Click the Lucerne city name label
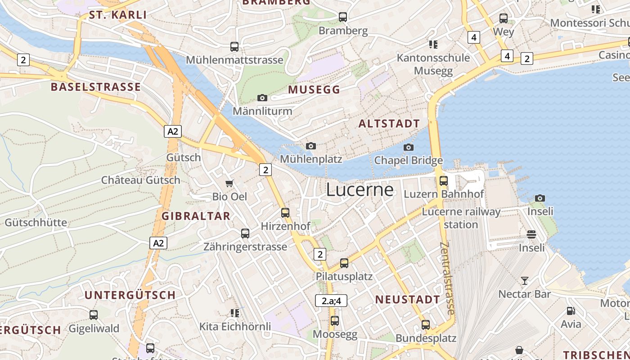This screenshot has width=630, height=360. click(360, 189)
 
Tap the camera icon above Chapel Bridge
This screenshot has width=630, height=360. click(409, 147)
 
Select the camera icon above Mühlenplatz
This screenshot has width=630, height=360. click(310, 146)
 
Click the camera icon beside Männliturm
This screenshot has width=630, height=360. click(262, 98)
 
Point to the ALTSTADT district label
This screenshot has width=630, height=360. click(389, 124)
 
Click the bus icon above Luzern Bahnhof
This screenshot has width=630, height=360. click(444, 181)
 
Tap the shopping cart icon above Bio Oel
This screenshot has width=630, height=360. click(229, 183)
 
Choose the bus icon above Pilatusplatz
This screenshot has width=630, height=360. click(344, 263)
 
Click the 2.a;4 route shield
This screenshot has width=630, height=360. click(331, 301)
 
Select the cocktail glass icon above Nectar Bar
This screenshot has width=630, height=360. click(524, 281)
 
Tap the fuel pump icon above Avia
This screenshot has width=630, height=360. click(571, 310)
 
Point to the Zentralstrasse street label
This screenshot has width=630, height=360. click(448, 278)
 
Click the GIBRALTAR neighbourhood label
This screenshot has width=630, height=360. click(196, 216)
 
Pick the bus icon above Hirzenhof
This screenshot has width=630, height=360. click(285, 212)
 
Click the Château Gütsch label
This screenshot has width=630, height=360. click(140, 180)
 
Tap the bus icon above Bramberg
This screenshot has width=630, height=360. click(343, 17)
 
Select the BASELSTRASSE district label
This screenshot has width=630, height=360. click(96, 87)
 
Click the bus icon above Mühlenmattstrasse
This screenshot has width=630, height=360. click(234, 46)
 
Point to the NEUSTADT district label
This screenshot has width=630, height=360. click(408, 299)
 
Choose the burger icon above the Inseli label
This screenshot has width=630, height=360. click(531, 234)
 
